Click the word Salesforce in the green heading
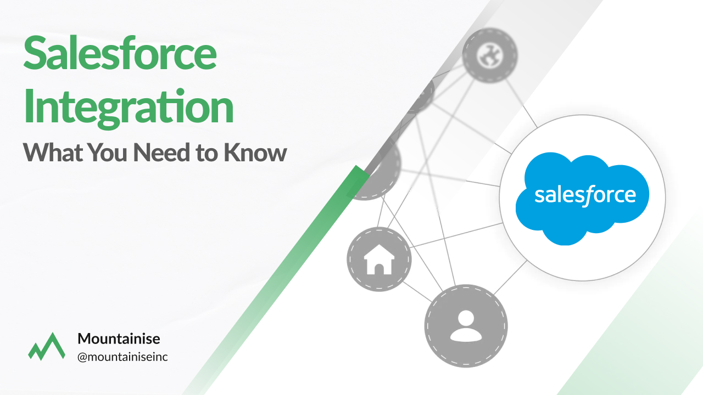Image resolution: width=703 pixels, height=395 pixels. point(120,53)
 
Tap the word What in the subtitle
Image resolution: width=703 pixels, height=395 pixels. point(53,153)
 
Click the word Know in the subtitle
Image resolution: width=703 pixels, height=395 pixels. point(255,153)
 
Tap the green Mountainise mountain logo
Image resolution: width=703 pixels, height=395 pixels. point(47,346)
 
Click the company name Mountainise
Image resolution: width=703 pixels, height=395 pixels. point(119,338)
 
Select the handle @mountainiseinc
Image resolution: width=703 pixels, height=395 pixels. point(122,357)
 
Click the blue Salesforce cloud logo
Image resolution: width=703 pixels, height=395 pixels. point(582,198)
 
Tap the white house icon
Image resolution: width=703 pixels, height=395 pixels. point(379,259)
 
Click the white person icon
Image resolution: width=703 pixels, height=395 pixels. point(466,326)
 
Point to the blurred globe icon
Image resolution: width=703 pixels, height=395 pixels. point(490,55)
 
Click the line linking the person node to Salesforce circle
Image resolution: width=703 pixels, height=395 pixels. point(510,278)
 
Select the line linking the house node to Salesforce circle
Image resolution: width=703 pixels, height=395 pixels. point(456,235)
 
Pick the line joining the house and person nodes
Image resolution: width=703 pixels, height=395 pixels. point(417,291)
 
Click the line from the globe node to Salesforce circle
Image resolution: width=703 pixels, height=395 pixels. point(521,104)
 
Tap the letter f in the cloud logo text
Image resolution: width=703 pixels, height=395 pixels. point(589,196)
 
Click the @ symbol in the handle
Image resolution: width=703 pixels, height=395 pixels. point(82,358)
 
